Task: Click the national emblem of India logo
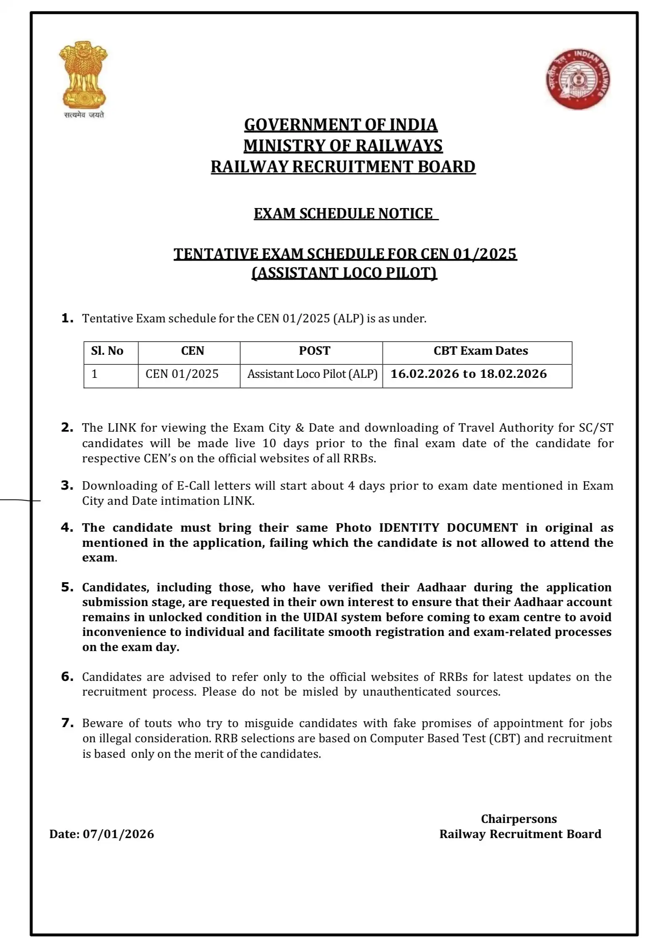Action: [83, 75]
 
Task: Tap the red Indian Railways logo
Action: [578, 79]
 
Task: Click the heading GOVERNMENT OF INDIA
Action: [341, 125]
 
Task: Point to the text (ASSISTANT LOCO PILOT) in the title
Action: [344, 273]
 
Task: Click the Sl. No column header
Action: [107, 351]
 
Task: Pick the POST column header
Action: [314, 351]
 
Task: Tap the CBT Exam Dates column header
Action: [480, 351]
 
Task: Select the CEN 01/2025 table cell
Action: [182, 374]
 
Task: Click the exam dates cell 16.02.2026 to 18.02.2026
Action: [469, 374]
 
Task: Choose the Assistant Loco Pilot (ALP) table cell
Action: [312, 374]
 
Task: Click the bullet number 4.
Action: [67, 527]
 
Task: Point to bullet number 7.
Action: [67, 723]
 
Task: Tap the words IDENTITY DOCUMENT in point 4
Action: [448, 527]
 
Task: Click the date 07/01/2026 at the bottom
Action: [119, 834]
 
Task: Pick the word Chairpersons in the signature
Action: [519, 819]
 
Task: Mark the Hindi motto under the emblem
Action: [84, 115]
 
